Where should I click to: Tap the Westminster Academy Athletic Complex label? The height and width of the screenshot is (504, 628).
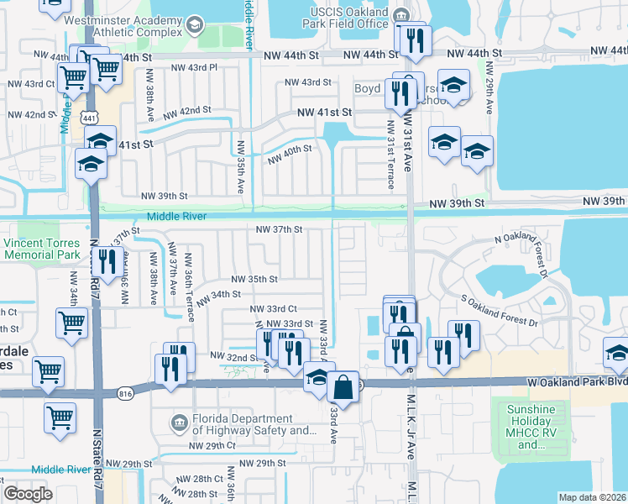pos(127,25)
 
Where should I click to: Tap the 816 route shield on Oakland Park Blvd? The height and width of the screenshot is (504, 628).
pos(125,391)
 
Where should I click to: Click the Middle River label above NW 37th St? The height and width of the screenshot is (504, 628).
pos(176,217)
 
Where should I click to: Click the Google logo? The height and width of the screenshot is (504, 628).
pos(28,494)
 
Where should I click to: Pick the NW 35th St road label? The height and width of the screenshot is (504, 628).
pos(254,278)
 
